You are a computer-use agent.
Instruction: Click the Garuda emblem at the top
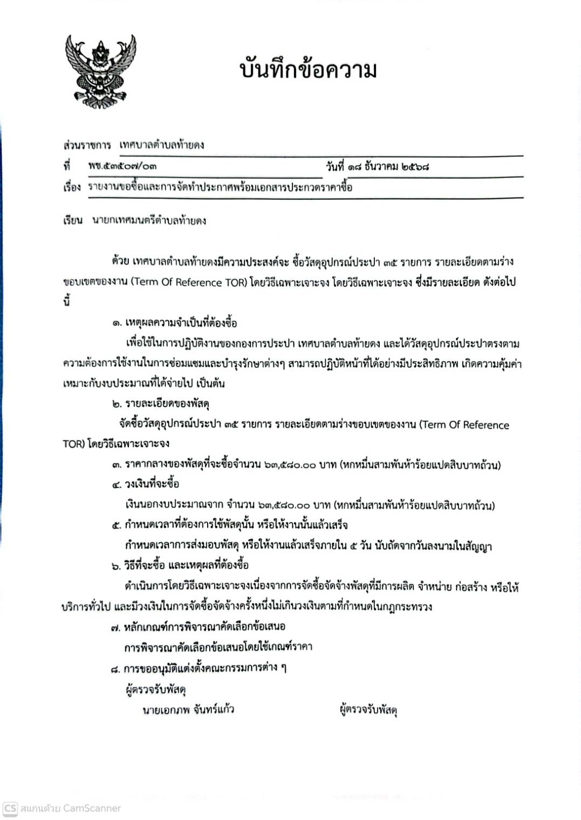point(100,71)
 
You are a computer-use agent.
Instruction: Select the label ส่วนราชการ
point(87,145)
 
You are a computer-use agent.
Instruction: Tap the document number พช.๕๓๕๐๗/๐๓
point(122,167)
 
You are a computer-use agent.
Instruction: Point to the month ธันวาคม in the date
point(381,166)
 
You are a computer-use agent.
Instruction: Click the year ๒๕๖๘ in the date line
point(415,166)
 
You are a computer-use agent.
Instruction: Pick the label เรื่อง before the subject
point(72,187)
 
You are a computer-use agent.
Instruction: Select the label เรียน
point(72,220)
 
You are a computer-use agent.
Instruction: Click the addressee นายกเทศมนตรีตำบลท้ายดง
point(149,220)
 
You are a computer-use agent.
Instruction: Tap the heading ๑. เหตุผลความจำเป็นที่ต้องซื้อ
point(174,323)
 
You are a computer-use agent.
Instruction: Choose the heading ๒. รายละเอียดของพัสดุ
point(160,403)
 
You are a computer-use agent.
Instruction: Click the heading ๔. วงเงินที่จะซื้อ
point(146,484)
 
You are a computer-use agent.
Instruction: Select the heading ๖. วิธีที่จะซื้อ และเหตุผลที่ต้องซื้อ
point(180,565)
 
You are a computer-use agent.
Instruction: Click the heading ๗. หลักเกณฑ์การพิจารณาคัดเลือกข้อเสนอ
point(197,626)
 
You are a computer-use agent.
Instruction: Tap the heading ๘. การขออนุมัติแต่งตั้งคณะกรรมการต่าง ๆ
point(198,668)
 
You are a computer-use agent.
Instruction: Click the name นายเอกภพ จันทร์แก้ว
point(188,709)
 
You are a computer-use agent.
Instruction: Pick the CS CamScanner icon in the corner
point(10,808)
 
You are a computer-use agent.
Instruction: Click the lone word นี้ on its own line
point(67,302)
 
